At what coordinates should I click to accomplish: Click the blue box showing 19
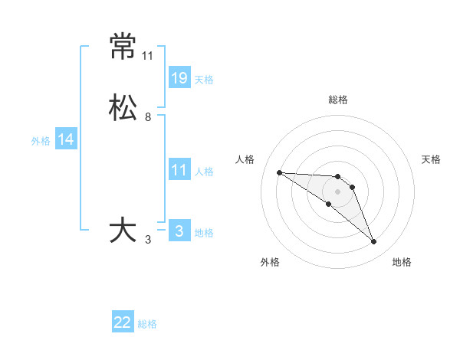point(179,78)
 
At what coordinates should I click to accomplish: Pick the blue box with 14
point(66,139)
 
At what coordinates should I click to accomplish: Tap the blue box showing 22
point(123,322)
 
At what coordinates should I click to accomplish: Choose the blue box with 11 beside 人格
point(179,170)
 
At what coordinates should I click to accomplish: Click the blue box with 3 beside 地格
point(179,231)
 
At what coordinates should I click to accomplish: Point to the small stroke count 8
point(148,117)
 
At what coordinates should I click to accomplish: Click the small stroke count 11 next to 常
point(147,56)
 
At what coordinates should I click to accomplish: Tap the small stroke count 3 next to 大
point(148,240)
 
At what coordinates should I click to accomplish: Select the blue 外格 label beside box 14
point(41,140)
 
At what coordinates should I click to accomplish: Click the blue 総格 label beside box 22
point(147,324)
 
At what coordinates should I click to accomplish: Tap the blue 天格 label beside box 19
point(204,79)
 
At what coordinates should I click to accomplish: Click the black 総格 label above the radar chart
point(337,100)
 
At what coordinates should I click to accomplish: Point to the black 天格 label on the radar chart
point(432,159)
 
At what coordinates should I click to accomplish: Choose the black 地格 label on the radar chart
point(402,262)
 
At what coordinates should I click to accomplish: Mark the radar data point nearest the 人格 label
point(279,172)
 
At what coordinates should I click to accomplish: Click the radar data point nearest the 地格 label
point(374,242)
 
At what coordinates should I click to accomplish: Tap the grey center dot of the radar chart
point(337,191)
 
